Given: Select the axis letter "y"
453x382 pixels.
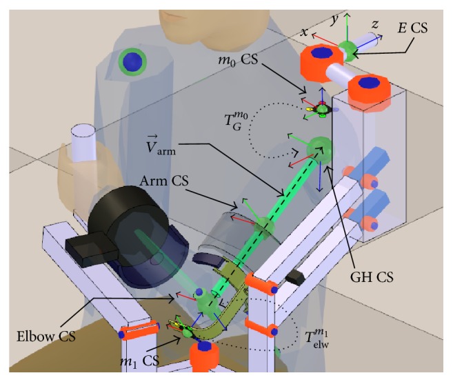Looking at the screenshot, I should [333, 19].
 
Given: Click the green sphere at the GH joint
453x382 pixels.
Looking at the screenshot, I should [319, 147].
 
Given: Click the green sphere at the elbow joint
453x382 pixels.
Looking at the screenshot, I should [205, 301].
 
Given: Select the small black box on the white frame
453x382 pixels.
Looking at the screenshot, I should [296, 277].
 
